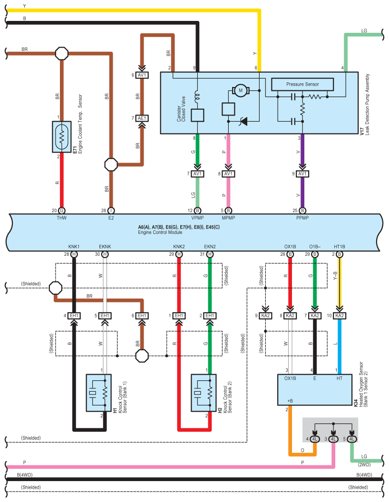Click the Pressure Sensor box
[x=302, y=84]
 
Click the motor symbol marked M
[x=240, y=90]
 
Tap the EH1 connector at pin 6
[x=142, y=316]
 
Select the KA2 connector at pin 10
[x=339, y=316]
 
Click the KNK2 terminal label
[x=179, y=247]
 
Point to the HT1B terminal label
[x=339, y=247]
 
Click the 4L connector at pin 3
[x=333, y=439]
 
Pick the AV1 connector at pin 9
[x=302, y=174]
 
